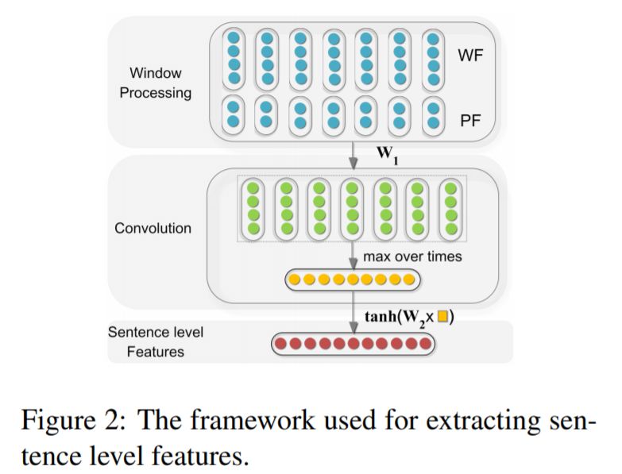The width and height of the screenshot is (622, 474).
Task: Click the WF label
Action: click(x=470, y=55)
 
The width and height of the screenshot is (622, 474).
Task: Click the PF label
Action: click(x=470, y=121)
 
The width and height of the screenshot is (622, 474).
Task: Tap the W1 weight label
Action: click(x=388, y=154)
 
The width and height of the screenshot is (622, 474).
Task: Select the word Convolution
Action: click(x=153, y=229)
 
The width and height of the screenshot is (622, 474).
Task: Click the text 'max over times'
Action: click(x=412, y=256)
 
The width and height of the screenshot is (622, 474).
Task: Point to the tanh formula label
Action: click(x=409, y=318)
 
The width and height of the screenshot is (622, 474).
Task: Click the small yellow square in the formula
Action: click(x=442, y=317)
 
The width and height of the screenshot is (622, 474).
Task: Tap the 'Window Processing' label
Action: click(x=156, y=83)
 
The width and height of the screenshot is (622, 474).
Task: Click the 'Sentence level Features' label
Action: click(x=156, y=341)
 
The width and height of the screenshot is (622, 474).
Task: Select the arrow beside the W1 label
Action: click(x=353, y=155)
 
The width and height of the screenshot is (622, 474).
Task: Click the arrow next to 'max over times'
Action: click(x=353, y=256)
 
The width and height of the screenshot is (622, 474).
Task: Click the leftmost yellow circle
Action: click(x=295, y=279)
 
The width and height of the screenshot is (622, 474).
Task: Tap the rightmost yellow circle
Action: click(x=408, y=279)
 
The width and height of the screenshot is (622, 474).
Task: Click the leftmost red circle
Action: click(x=281, y=343)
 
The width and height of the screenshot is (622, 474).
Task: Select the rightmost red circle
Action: click(x=425, y=343)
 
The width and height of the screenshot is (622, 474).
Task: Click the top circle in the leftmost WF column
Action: click(x=234, y=37)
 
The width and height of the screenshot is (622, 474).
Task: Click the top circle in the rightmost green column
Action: click(x=450, y=188)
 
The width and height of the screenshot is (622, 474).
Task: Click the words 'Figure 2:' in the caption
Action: click(x=73, y=421)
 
